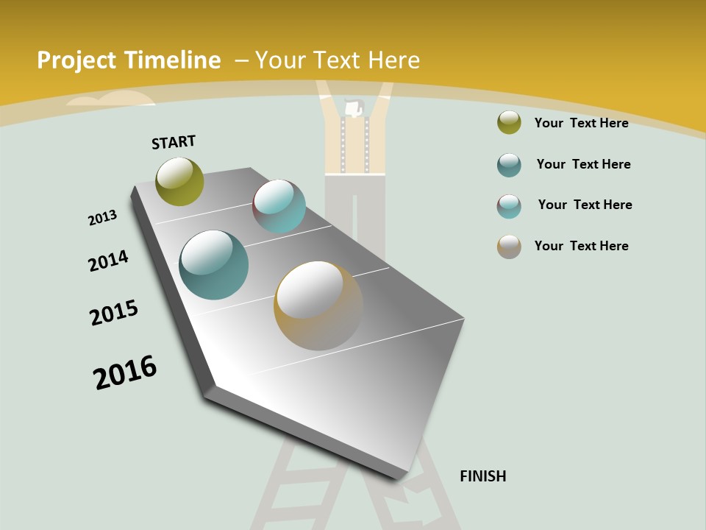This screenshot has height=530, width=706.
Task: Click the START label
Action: [174, 141]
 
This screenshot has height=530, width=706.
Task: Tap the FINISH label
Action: [482, 476]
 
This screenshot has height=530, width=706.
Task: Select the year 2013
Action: [102, 218]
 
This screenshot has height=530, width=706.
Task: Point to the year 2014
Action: [108, 261]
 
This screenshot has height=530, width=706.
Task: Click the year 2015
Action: [114, 313]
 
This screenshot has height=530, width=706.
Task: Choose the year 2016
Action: [125, 372]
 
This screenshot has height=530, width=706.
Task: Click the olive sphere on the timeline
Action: [179, 181]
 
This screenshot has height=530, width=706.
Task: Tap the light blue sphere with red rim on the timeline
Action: [279, 206]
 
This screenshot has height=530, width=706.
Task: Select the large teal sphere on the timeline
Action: [214, 265]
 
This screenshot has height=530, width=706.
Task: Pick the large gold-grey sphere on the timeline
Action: [318, 305]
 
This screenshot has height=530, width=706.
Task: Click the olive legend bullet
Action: [509, 123]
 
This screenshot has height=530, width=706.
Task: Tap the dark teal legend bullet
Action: [509, 165]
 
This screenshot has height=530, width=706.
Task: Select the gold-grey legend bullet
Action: [509, 247]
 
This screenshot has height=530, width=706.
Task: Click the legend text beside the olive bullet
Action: [581, 123]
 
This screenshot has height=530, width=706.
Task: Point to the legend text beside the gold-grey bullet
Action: [581, 246]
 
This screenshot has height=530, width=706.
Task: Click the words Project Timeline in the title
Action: [129, 60]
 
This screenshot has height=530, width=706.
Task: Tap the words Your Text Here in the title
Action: [337, 60]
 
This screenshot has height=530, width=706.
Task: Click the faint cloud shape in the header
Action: [118, 99]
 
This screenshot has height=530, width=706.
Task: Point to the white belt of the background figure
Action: [355, 174]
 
